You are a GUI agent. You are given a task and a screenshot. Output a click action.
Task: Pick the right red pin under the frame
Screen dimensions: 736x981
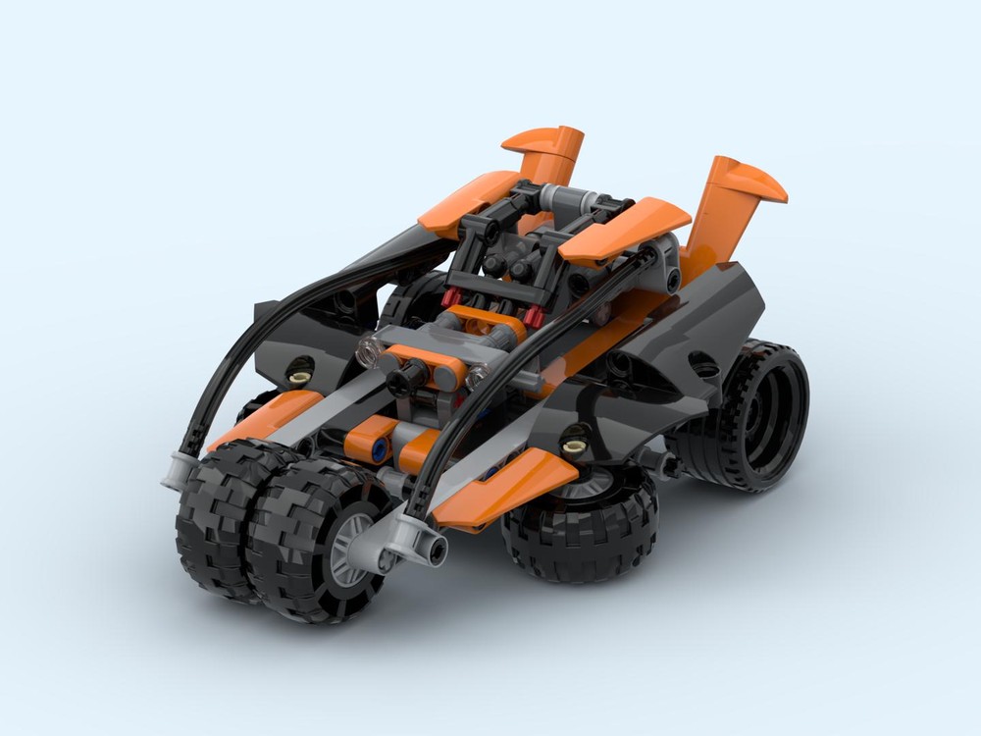pos(536,315)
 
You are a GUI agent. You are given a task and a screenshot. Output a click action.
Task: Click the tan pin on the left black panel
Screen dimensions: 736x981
pos(300,370)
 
